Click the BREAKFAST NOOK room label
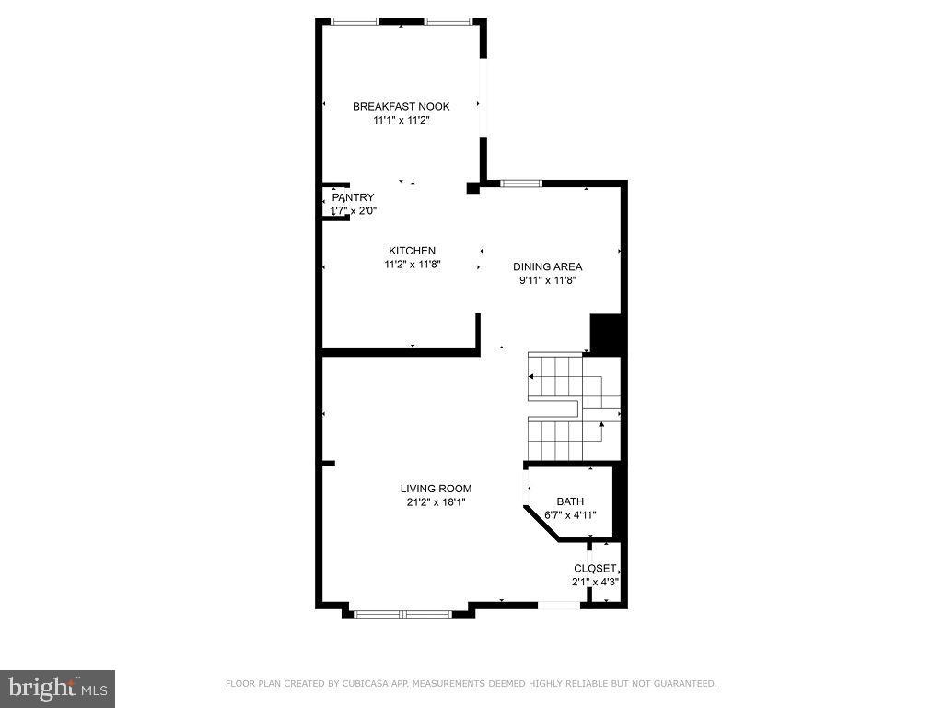pos(401,107)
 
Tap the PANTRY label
pos(354,197)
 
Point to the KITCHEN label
pos(412,251)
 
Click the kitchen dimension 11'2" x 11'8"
pos(412,265)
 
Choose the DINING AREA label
pos(547,267)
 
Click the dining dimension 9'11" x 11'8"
pos(547,281)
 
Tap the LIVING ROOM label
pos(436,489)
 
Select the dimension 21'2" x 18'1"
pos(436,502)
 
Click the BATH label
pos(570,501)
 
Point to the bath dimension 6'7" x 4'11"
pos(570,515)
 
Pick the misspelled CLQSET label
pos(595,569)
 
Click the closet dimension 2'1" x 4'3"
pos(595,583)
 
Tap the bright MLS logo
pos(57,688)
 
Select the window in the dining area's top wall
pos(520,183)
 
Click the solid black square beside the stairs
pos(605,334)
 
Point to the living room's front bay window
pos(403,613)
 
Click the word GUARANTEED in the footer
pos(684,684)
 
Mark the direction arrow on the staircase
pos(601,426)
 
